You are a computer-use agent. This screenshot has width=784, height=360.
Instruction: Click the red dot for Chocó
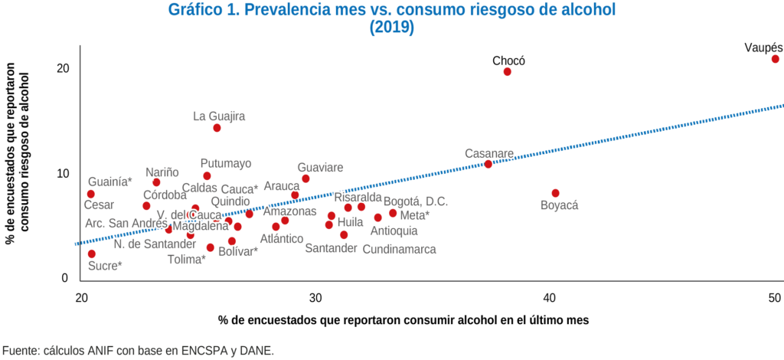coord(507,72)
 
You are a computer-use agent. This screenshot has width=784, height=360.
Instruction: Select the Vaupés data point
coord(775,59)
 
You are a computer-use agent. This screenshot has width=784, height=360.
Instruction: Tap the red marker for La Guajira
coord(217,128)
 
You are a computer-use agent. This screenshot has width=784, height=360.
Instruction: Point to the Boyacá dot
coord(555,193)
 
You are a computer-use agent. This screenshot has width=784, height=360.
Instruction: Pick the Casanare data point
coord(488,164)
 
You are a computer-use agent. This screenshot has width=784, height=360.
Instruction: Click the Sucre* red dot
coord(92,254)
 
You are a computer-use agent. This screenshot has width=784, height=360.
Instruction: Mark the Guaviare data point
coord(305,178)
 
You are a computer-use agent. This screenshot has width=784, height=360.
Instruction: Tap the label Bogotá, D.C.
coord(415,201)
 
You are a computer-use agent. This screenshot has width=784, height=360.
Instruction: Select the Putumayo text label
coord(226,163)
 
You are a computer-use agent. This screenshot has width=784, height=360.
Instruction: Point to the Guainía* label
coord(109,182)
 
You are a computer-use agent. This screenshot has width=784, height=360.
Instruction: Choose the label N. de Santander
coord(155,244)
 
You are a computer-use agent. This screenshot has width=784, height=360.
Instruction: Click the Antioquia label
coord(394,231)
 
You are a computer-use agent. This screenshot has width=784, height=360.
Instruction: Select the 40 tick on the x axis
coord(548,297)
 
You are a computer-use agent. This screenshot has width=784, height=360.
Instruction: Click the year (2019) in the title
coord(391,28)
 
